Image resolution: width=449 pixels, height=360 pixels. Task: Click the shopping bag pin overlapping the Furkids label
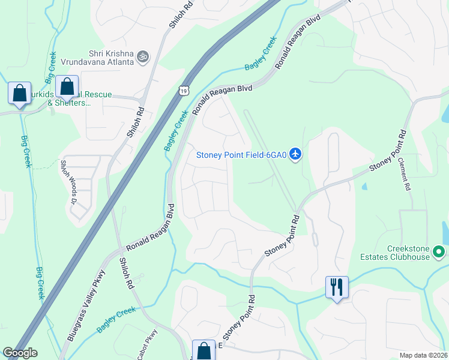coord(67,88)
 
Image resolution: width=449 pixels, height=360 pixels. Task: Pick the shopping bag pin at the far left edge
coord(19,94)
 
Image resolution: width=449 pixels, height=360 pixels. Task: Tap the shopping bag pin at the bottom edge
coord(203,351)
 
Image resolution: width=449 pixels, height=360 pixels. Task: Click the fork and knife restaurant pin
coord(336,287)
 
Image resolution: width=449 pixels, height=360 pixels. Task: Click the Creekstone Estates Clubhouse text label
coord(396,253)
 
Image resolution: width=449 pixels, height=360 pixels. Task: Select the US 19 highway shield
coord(182,90)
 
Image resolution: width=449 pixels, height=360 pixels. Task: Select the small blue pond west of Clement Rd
coord(364,186)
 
